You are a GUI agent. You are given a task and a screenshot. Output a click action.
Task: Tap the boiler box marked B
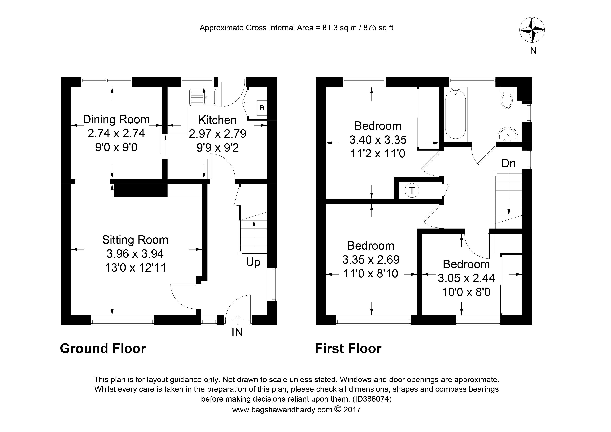tap(262, 108)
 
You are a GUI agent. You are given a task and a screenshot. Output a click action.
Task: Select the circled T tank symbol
tap(412, 190)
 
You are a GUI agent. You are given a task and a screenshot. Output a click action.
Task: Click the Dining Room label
tap(116, 119)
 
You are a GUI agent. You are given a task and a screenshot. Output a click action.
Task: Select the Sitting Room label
tap(135, 240)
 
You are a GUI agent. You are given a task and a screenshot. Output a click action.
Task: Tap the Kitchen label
tap(217, 120)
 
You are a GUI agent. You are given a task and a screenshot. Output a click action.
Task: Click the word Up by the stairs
tap(253, 262)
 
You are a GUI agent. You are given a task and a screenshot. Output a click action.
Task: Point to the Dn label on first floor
tap(508, 163)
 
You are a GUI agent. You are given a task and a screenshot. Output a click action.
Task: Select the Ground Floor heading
tap(103, 348)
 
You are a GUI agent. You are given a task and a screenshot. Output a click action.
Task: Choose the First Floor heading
tap(348, 348)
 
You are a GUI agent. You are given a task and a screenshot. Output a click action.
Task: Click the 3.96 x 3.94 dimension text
tap(135, 254)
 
